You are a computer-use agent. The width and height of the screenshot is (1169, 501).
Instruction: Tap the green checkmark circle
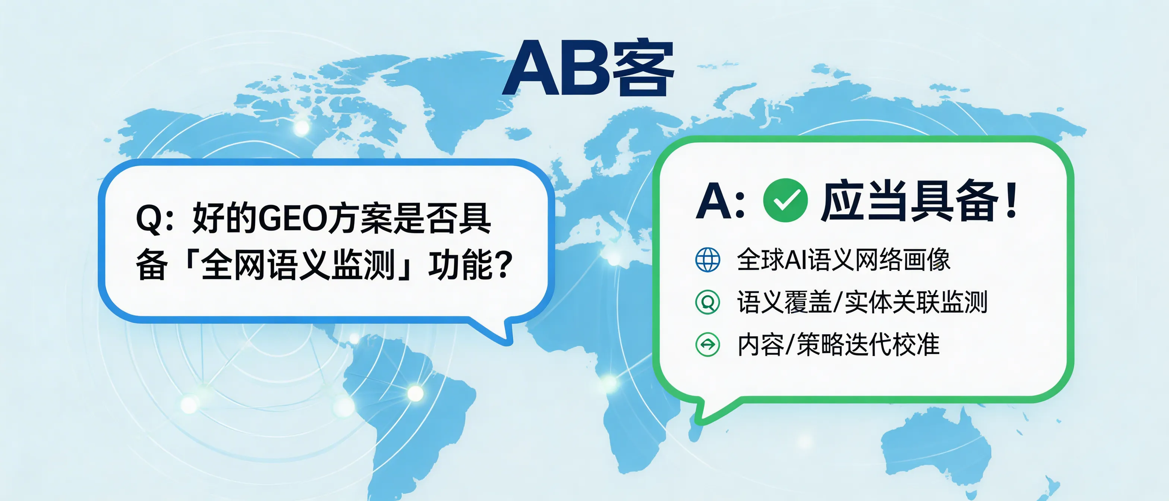[785, 200]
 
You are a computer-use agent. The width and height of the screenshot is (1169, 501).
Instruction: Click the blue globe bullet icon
[708, 260]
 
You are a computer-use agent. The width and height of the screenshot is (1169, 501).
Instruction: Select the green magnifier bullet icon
[708, 302]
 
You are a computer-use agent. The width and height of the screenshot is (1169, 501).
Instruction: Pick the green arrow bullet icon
[708, 344]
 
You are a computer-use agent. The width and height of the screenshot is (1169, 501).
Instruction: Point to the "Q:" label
[154, 219]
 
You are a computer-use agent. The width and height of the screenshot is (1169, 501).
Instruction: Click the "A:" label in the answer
[720, 201]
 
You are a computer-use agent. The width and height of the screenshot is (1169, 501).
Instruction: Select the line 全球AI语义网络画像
[843, 260]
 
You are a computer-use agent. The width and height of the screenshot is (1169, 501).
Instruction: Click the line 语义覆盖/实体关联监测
[862, 302]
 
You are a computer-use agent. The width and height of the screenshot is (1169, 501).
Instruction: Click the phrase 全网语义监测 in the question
[298, 265]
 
